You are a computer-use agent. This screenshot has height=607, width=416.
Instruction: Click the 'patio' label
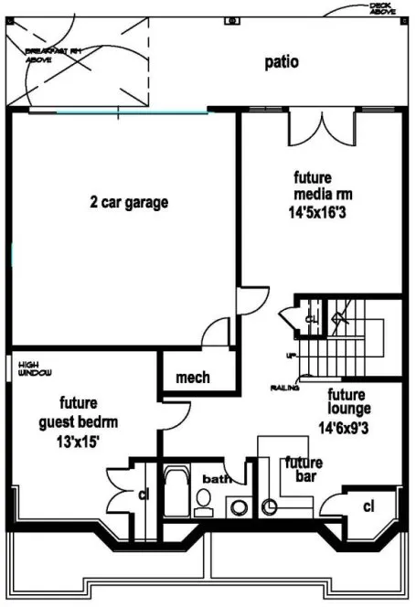coord(282,62)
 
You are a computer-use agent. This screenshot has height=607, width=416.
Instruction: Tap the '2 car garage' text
coord(128,202)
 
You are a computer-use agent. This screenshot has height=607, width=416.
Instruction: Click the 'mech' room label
coord(192,377)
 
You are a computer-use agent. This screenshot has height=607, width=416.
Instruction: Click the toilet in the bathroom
coord(204,500)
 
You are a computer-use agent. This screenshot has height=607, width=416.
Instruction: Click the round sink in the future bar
coord(271,506)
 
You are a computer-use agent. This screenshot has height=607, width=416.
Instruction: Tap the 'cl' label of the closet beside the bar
coord(368,506)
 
